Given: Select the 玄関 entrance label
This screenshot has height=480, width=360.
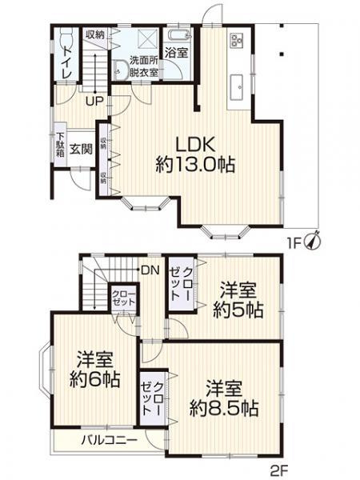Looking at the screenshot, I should tap(78, 149).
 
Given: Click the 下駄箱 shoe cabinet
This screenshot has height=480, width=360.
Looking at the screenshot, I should tap(59, 147).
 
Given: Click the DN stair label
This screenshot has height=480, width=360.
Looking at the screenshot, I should tap(149, 270).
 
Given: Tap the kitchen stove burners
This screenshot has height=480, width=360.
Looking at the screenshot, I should tap(236, 41).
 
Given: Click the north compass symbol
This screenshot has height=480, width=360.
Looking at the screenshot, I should tap(314, 237).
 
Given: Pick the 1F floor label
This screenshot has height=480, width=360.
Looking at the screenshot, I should tap(296, 238).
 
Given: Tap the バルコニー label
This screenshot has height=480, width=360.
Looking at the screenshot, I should tap(108, 441).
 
